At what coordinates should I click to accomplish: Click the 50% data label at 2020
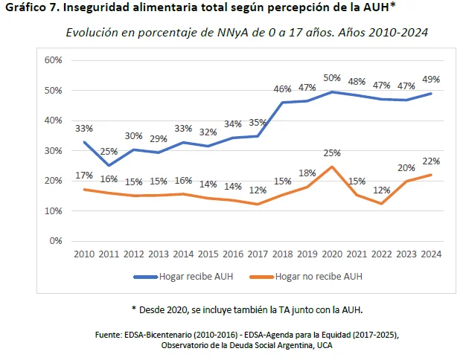click(x=331, y=78)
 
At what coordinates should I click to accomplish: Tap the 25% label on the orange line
click(x=331, y=153)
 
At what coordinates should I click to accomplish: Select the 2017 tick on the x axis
click(x=258, y=254)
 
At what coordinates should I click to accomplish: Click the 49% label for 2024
click(x=430, y=79)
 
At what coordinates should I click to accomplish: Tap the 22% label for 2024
click(x=430, y=161)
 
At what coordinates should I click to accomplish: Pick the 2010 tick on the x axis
click(x=84, y=254)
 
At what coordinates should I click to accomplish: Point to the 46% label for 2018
click(x=281, y=89)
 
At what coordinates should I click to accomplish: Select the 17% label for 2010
click(x=84, y=176)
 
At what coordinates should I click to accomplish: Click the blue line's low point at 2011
click(x=109, y=165)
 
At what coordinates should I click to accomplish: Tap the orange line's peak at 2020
click(x=331, y=166)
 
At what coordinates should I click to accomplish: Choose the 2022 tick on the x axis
click(x=381, y=254)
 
